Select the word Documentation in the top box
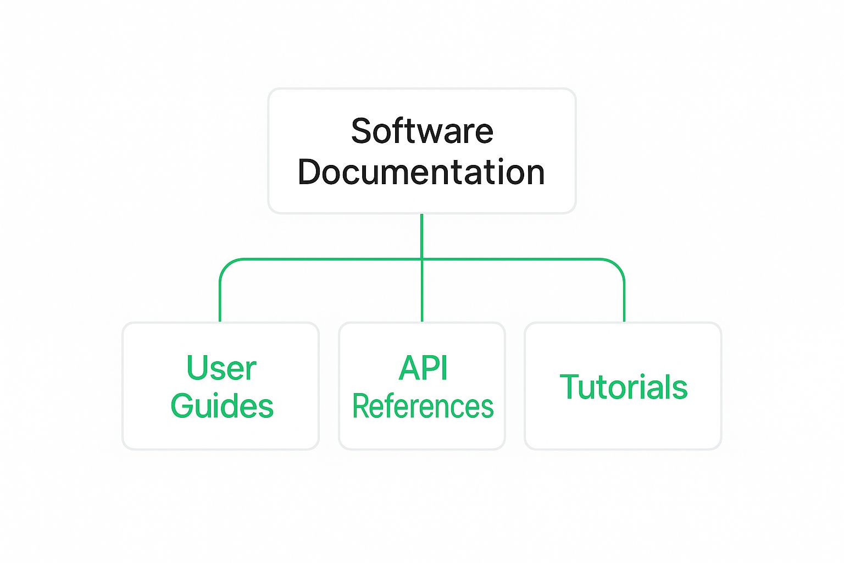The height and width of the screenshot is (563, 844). click(421, 172)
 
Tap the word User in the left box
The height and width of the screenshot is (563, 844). click(221, 367)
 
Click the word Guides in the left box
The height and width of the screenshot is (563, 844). click(222, 406)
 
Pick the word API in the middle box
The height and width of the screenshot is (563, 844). click(423, 367)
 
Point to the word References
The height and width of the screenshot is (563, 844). click(423, 406)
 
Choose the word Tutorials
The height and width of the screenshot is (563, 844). click(624, 387)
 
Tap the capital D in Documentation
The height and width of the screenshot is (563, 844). click(310, 172)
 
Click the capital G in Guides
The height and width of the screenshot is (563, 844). click(184, 406)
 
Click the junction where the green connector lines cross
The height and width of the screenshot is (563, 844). click(421, 259)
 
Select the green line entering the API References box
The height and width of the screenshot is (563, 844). click(422, 291)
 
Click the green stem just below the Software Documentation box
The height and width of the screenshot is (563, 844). click(422, 236)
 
